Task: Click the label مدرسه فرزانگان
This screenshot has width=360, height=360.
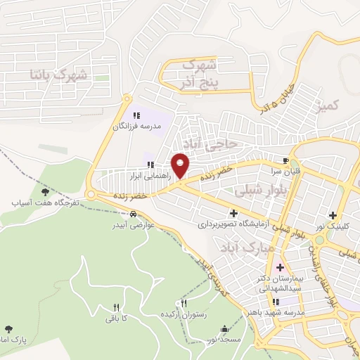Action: tap(137, 126)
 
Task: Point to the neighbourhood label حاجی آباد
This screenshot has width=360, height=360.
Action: tap(217, 143)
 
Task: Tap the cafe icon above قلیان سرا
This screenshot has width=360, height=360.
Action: tap(285, 159)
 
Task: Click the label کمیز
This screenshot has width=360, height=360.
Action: tap(328, 106)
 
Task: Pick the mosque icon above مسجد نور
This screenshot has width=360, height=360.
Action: tap(224, 328)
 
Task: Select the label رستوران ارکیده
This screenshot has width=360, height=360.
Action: tap(186, 314)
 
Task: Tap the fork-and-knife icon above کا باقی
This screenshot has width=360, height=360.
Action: tap(116, 307)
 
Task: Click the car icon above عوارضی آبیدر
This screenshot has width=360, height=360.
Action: tap(134, 215)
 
